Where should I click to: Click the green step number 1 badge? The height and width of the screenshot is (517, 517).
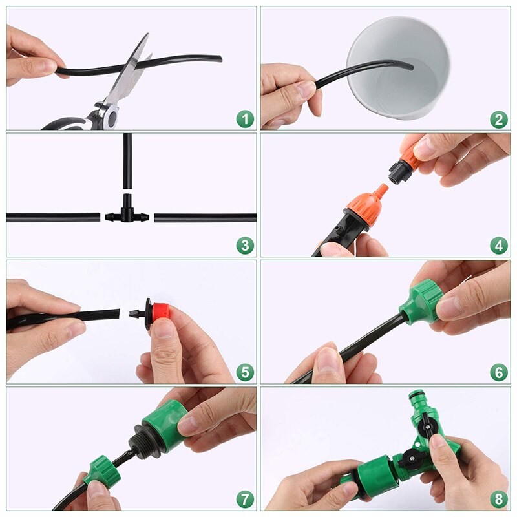tap(244, 119)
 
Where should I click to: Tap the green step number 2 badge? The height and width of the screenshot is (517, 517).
tap(498, 119)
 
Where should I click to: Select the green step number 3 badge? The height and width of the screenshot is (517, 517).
tap(244, 245)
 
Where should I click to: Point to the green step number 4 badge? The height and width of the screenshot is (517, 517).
tap(498, 245)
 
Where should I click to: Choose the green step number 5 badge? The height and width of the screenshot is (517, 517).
tap(244, 372)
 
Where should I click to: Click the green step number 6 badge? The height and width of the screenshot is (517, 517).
tap(498, 372)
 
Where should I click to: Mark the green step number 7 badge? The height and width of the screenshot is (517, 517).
tap(244, 498)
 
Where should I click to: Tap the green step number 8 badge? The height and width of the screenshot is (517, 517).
tap(498, 498)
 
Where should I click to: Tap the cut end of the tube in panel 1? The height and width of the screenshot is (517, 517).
tap(219, 59)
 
